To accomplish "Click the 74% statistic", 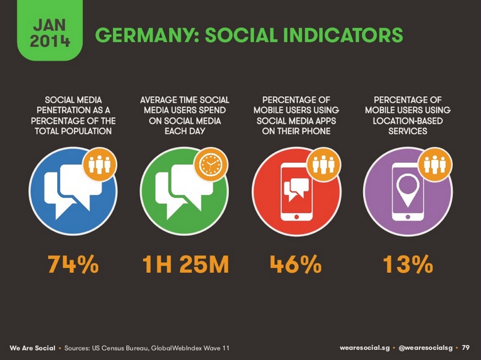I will tap(73, 264).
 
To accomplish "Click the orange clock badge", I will tap(210, 164).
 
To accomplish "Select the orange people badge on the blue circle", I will tap(99, 164).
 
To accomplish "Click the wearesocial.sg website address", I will tap(364, 347).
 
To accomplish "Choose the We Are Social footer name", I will tap(32, 348).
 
